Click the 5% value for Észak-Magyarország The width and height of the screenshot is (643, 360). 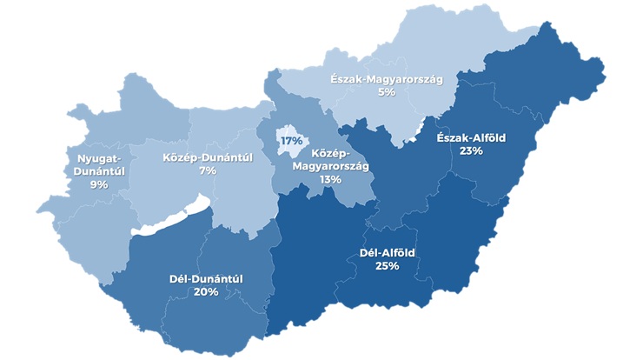point(387,92)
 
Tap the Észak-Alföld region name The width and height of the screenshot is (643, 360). point(471,137)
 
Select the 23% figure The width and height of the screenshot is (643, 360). point(472,150)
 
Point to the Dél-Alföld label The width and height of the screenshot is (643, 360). point(387,252)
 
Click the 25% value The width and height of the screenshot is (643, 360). point(387,266)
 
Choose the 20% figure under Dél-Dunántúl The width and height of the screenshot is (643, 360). point(206,292)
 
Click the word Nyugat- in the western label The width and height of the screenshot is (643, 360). point(98,157)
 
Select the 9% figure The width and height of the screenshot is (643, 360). point(98,184)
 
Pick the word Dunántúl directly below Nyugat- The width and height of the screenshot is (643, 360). point(98,171)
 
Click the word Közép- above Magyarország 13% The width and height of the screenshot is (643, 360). point(330,152)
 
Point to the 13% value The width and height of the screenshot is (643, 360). point(330,179)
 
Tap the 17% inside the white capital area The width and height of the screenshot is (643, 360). point(290,140)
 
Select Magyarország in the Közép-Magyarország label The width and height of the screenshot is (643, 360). point(330,165)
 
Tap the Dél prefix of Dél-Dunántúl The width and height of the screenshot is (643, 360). point(180,278)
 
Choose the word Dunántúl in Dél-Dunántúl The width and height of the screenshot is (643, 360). point(217,278)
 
